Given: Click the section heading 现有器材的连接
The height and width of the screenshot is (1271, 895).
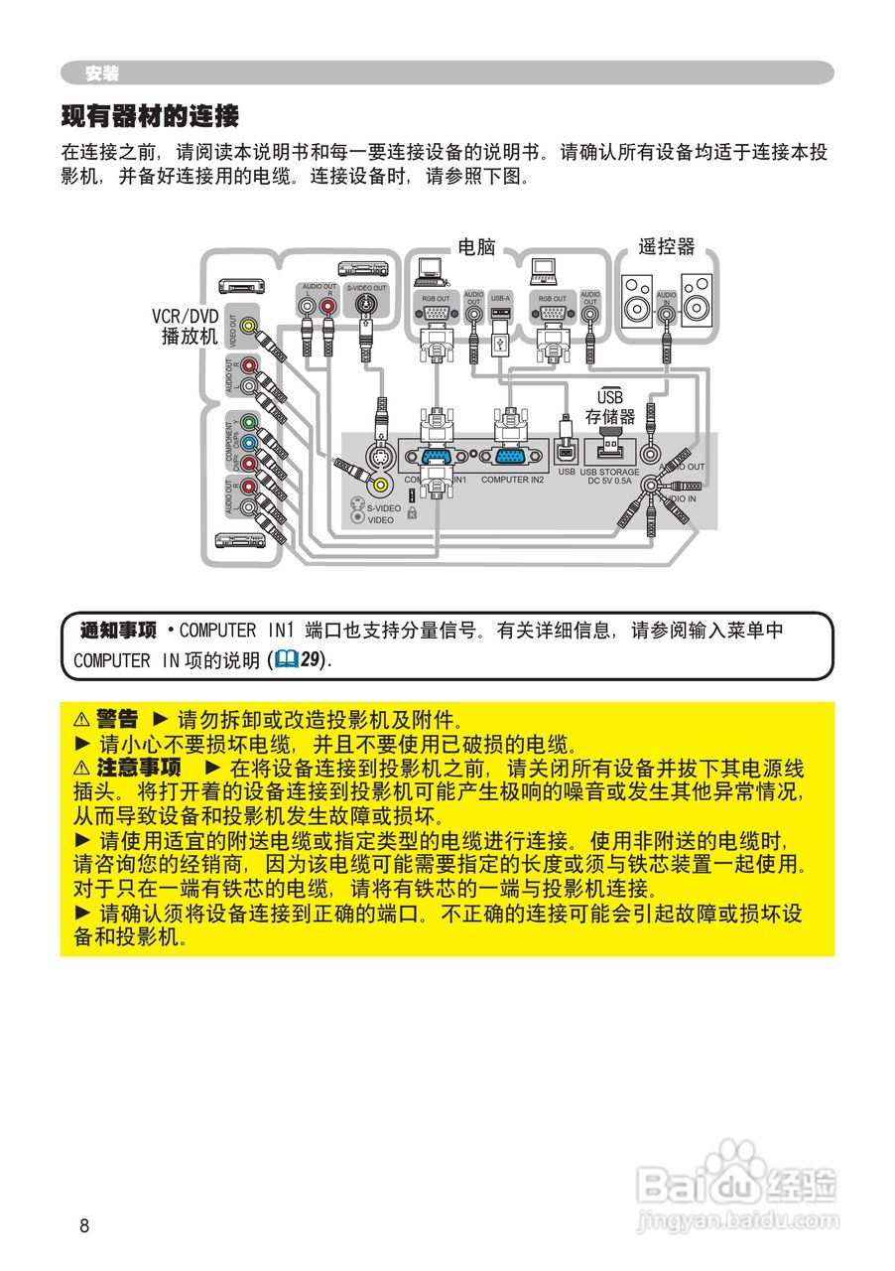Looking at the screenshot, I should [150, 117].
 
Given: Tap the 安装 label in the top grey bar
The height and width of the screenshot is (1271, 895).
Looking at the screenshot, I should [101, 73].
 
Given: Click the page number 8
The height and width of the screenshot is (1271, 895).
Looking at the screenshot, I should [84, 1225].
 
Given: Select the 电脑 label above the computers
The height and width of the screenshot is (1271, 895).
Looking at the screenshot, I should [476, 247].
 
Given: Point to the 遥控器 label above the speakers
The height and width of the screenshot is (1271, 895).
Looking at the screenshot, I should [666, 247].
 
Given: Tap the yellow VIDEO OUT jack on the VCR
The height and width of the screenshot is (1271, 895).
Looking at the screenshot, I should [249, 326].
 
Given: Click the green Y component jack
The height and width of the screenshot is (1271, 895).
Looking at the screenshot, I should [249, 422].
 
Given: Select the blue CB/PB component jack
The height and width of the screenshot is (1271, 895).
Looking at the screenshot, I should [249, 443].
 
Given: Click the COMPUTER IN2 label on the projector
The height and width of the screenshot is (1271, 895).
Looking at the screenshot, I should [512, 480].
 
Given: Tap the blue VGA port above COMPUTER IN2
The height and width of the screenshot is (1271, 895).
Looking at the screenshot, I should [511, 457].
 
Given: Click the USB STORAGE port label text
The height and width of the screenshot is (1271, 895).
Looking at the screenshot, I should [609, 473].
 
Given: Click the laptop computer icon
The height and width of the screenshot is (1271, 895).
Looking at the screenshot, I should [543, 268].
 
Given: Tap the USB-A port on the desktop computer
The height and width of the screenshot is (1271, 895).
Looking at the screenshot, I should [500, 314].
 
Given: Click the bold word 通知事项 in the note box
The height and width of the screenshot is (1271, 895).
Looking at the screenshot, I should [118, 631].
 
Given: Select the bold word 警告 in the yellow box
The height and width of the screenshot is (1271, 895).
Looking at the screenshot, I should [116, 719].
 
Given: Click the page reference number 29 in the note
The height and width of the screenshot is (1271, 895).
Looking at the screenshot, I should [313, 660].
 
